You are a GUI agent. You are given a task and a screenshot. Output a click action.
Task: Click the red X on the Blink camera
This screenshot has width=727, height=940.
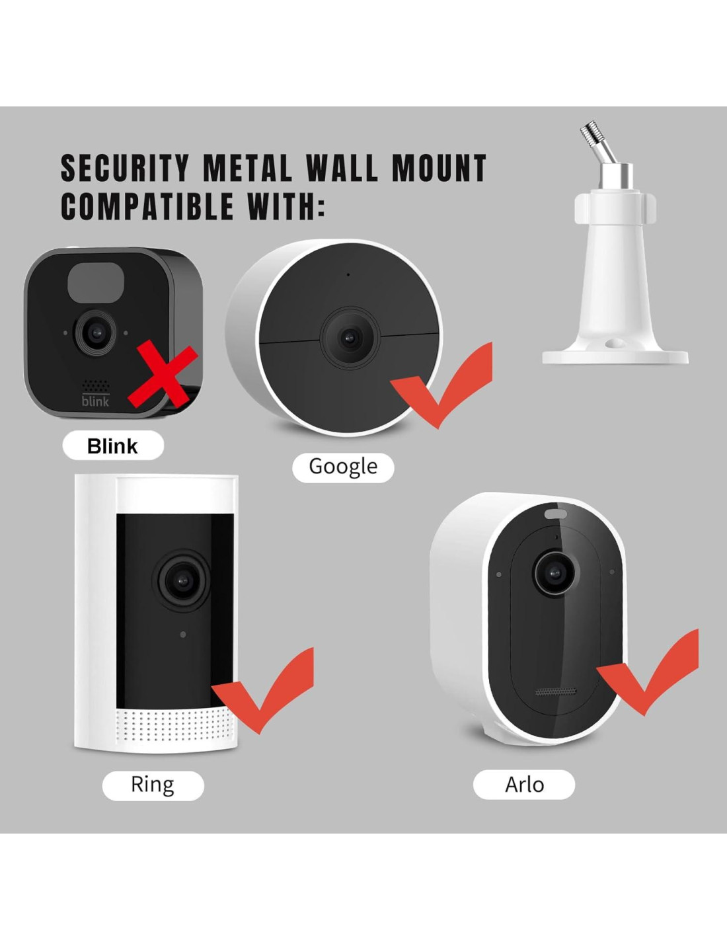coord(163,376)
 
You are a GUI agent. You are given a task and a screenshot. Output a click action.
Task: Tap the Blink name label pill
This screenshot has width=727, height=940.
coord(112,446)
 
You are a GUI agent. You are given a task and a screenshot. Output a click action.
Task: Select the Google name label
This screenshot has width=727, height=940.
coord(343,467)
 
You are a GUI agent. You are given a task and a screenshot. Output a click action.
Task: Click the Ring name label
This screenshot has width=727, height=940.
coord(153,785)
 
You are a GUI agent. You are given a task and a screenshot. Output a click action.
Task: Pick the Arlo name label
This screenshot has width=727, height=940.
coord(524,785)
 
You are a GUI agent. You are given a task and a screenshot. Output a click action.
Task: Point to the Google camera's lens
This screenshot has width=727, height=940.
coord(348,338)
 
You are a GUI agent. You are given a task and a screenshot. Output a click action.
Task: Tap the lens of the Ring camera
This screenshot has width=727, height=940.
coord(182,580)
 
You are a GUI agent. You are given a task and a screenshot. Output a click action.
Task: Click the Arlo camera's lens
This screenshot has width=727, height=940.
coord(554,571)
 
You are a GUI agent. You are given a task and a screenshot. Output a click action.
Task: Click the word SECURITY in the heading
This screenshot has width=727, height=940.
coord(125,169)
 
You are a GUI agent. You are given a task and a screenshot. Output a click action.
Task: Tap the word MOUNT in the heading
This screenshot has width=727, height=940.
coord(439,169)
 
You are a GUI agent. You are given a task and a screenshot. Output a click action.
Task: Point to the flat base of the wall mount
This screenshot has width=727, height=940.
coord(615,356)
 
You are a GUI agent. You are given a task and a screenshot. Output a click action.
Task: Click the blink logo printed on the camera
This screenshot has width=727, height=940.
coord(95,401)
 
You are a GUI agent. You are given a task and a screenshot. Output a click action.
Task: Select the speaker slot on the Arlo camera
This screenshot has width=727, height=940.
coord(555,692)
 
